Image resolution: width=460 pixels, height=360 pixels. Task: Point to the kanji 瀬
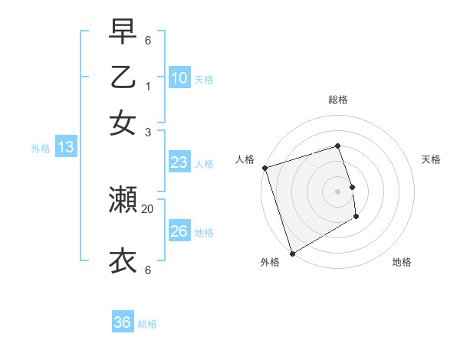pyautogui.click(x=123, y=200)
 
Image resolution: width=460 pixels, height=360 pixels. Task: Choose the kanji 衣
pyautogui.click(x=123, y=260)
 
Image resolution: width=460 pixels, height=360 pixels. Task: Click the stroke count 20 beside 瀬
pyautogui.click(x=148, y=208)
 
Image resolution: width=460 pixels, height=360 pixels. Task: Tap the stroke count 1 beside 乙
pyautogui.click(x=148, y=86)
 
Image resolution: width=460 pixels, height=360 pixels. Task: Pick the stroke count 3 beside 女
pyautogui.click(x=148, y=132)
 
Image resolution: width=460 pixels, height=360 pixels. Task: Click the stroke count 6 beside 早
pyautogui.click(x=148, y=40)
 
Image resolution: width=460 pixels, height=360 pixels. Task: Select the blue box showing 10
pyautogui.click(x=179, y=78)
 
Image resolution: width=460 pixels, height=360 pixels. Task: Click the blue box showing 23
pyautogui.click(x=179, y=162)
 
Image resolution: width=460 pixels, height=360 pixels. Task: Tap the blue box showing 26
pyautogui.click(x=179, y=231)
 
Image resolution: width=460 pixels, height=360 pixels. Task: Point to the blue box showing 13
pyautogui.click(x=65, y=147)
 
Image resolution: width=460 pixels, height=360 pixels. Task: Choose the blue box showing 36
pyautogui.click(x=123, y=322)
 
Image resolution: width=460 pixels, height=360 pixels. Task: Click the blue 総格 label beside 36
pyautogui.click(x=147, y=324)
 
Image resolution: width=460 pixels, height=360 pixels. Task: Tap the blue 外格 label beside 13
pyautogui.click(x=41, y=149)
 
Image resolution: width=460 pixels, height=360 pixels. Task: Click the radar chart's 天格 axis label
pyautogui.click(x=431, y=159)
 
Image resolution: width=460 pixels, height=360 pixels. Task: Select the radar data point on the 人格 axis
pyautogui.click(x=264, y=168)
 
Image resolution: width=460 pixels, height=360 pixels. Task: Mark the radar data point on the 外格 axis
pyautogui.click(x=292, y=254)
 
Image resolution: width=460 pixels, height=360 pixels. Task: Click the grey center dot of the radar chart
pyautogui.click(x=338, y=191)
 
